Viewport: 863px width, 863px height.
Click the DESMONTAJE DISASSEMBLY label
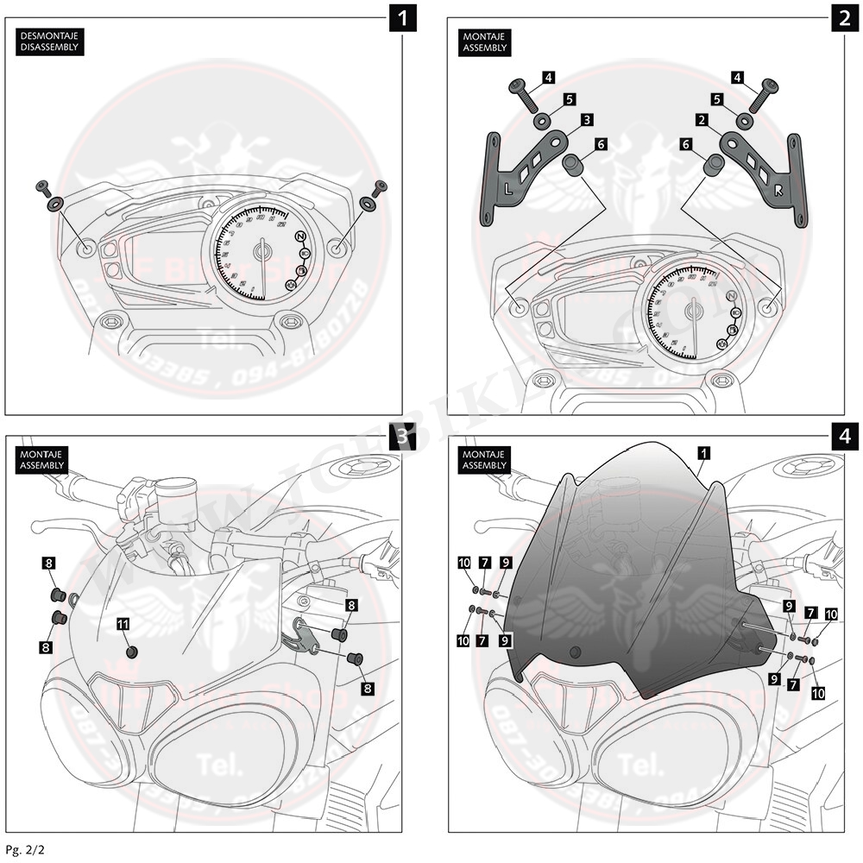click(x=49, y=41)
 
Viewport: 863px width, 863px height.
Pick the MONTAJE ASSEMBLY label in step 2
click(x=485, y=41)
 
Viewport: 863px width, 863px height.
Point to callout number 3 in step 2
click(x=586, y=119)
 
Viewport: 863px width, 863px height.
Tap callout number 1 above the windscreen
click(x=705, y=451)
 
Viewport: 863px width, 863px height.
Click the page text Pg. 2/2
click(x=24, y=849)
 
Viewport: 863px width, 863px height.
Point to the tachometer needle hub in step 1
click(x=262, y=250)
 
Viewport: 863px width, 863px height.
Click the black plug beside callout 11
click(x=131, y=652)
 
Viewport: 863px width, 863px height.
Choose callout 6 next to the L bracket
click(x=600, y=144)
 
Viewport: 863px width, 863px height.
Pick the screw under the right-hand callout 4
click(x=763, y=93)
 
